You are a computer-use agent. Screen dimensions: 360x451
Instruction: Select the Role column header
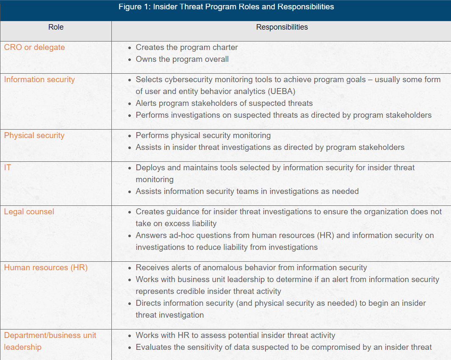[x=56, y=27]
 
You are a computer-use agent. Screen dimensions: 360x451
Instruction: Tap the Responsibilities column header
[x=282, y=27]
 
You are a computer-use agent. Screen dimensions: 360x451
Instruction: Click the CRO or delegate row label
[x=34, y=47]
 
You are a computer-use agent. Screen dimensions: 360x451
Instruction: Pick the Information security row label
[x=39, y=80]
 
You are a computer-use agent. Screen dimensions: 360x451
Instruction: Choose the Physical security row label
[x=34, y=136]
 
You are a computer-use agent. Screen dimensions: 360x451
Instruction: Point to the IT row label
[x=8, y=168]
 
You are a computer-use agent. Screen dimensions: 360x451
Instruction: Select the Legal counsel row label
[x=29, y=212]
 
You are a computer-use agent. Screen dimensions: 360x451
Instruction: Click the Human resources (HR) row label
[x=46, y=268]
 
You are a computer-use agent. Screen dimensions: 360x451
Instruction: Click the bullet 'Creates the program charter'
[x=187, y=47]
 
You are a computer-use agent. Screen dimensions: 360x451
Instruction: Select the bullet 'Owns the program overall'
[x=182, y=59]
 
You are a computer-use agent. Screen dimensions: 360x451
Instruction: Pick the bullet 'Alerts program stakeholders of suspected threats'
[x=224, y=103]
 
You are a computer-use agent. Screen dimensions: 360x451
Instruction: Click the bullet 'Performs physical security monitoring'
[x=203, y=136]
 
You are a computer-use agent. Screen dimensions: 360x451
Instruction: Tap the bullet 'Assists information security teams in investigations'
[x=247, y=191]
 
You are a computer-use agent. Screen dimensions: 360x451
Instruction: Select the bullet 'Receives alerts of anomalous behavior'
[x=251, y=268]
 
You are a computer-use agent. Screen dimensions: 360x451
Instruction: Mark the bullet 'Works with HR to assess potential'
[x=235, y=335]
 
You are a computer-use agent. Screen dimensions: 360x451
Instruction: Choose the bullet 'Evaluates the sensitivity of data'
[x=283, y=347]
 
